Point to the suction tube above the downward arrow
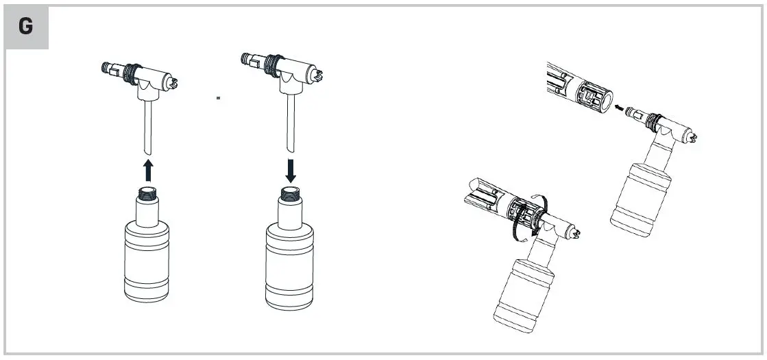pos(290,123)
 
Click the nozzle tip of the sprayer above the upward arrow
pos(174,82)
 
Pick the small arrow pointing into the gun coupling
pos(619,107)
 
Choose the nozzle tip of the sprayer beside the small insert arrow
pos(695,138)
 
